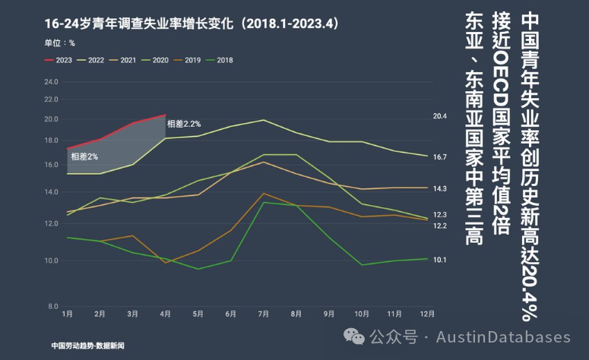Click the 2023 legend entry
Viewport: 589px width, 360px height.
pyautogui.click(x=59, y=60)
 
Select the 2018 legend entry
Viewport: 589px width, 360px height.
pyautogui.click(x=220, y=60)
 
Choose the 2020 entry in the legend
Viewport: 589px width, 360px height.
pyautogui.click(x=157, y=60)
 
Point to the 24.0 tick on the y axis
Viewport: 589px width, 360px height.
pyautogui.click(x=51, y=82)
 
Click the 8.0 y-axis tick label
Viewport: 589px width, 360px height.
pyautogui.click(x=53, y=306)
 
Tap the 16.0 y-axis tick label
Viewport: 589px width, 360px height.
pyautogui.click(x=51, y=164)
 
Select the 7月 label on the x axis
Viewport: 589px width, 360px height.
pyautogui.click(x=263, y=314)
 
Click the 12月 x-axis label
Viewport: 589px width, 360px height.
pyautogui.click(x=426, y=314)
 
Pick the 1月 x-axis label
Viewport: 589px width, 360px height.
pyautogui.click(x=67, y=314)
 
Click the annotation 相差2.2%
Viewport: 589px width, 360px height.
pyautogui.click(x=184, y=124)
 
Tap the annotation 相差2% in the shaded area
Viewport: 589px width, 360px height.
pyautogui.click(x=84, y=156)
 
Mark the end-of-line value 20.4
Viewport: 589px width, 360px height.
pyautogui.click(x=440, y=116)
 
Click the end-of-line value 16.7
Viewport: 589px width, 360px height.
pyautogui.click(x=440, y=157)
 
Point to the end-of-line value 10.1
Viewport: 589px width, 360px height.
pyautogui.click(x=440, y=260)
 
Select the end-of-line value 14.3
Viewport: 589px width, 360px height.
pyautogui.click(x=440, y=188)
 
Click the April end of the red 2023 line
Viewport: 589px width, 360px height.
pyautogui.click(x=165, y=115)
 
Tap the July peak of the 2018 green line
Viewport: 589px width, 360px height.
pyautogui.click(x=264, y=202)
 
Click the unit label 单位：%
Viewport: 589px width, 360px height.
pyautogui.click(x=60, y=43)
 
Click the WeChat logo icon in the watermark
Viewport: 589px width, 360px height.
pyautogui.click(x=354, y=336)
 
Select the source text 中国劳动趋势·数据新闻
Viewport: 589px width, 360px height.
pyautogui.click(x=88, y=346)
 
